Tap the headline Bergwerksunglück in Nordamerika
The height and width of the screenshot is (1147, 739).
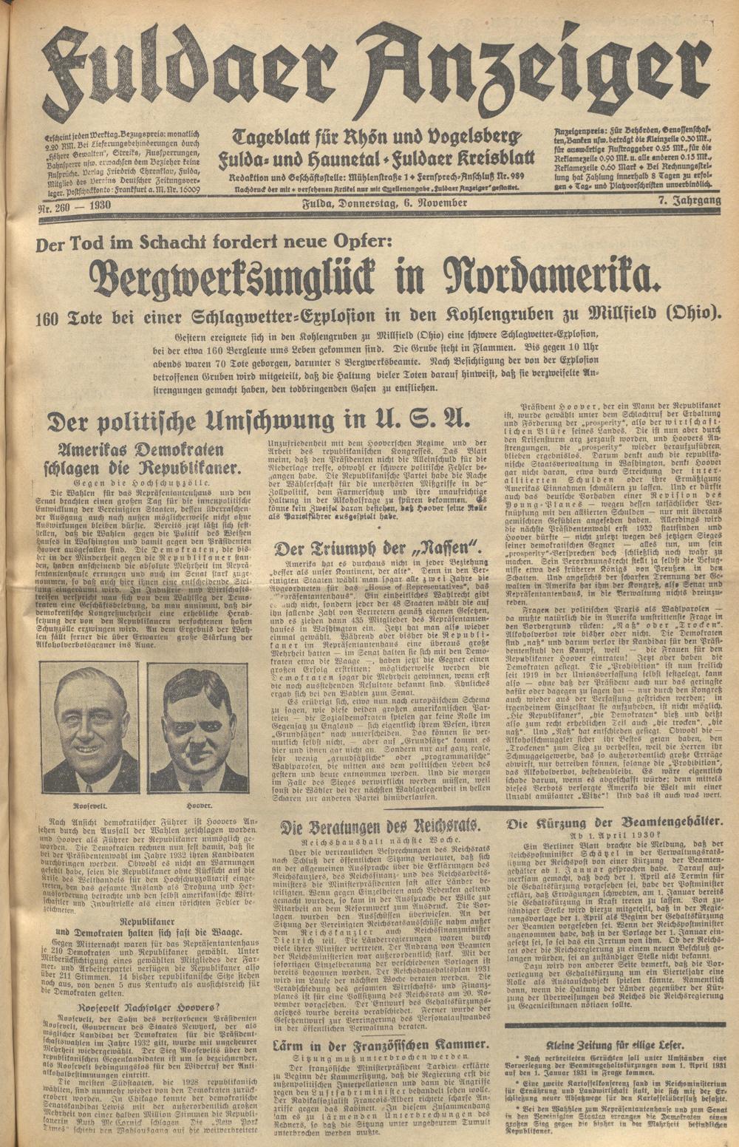pos(372,276)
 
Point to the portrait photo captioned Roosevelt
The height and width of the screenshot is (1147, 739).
pos(88,727)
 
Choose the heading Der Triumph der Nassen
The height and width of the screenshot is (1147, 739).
pos(377,548)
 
